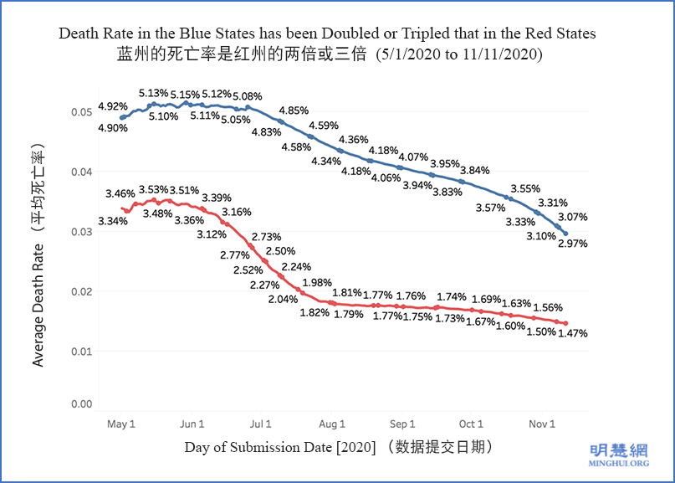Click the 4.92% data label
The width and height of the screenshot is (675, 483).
[x=113, y=106]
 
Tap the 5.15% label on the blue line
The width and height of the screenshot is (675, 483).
[x=186, y=95]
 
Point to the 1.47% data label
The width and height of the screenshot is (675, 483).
[x=572, y=333]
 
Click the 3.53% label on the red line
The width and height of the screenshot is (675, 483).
[x=154, y=190]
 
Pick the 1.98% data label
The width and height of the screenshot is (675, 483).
[x=318, y=282]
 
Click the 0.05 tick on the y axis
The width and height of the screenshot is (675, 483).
[x=81, y=112]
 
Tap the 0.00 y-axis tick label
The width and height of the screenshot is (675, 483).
[x=81, y=404]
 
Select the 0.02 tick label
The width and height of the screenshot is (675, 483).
[x=81, y=291]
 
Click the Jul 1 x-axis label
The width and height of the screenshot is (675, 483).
[x=261, y=424]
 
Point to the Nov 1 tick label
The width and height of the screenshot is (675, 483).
[x=541, y=424]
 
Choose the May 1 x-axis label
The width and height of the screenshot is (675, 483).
[x=121, y=424]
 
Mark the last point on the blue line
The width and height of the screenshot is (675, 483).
[x=565, y=234]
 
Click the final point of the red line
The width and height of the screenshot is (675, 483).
[x=565, y=323]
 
